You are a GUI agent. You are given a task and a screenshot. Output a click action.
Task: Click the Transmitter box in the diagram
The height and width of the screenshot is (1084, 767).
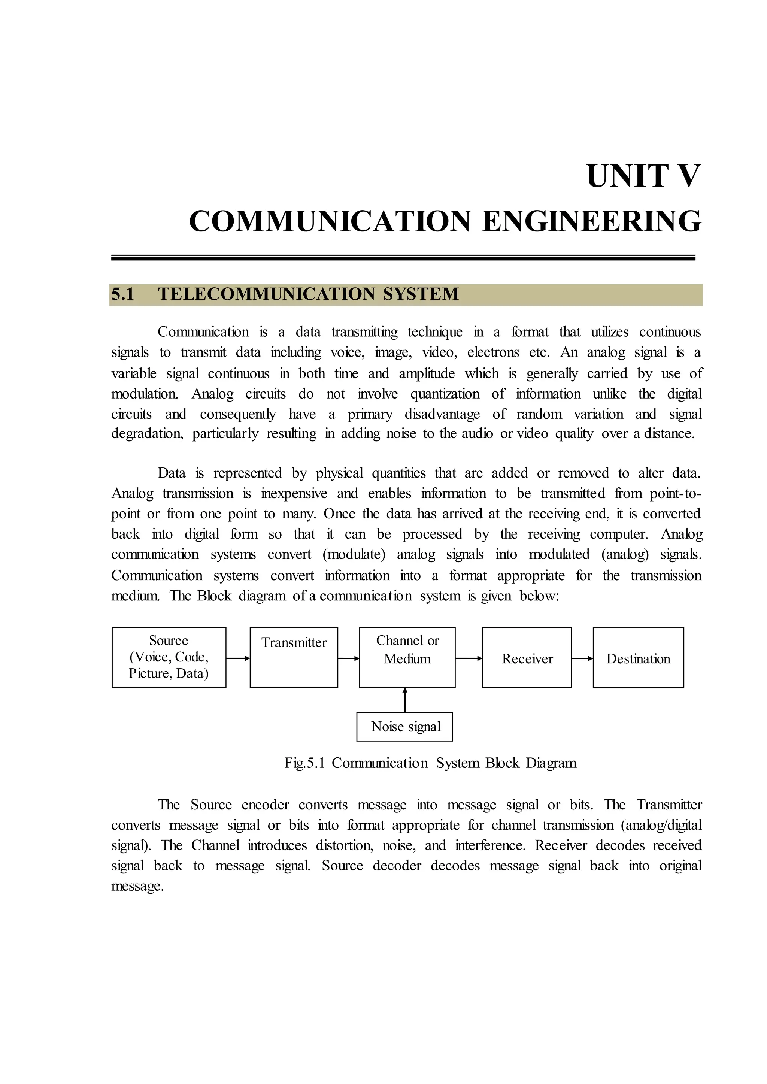[x=294, y=657]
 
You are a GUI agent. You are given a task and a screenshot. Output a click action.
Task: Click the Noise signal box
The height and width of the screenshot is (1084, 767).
[x=405, y=726]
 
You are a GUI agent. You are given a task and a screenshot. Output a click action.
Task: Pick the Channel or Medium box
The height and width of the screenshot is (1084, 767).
[x=407, y=657]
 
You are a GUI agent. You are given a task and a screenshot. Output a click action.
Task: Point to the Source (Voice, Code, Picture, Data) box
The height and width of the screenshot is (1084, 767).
[x=169, y=657]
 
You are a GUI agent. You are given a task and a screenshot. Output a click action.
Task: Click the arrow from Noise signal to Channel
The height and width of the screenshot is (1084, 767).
[x=405, y=700]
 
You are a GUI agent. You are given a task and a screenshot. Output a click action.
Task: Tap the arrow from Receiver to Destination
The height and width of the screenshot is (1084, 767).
[x=582, y=658]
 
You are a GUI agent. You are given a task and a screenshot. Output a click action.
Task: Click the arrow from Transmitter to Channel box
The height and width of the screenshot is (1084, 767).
[x=349, y=658]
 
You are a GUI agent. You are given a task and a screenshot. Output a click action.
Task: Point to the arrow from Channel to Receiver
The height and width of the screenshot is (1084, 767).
[x=469, y=658]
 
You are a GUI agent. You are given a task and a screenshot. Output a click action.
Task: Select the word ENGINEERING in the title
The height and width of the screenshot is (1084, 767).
[x=591, y=221]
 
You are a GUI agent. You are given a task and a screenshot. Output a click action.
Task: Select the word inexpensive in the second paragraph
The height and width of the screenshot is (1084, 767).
[x=294, y=494]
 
